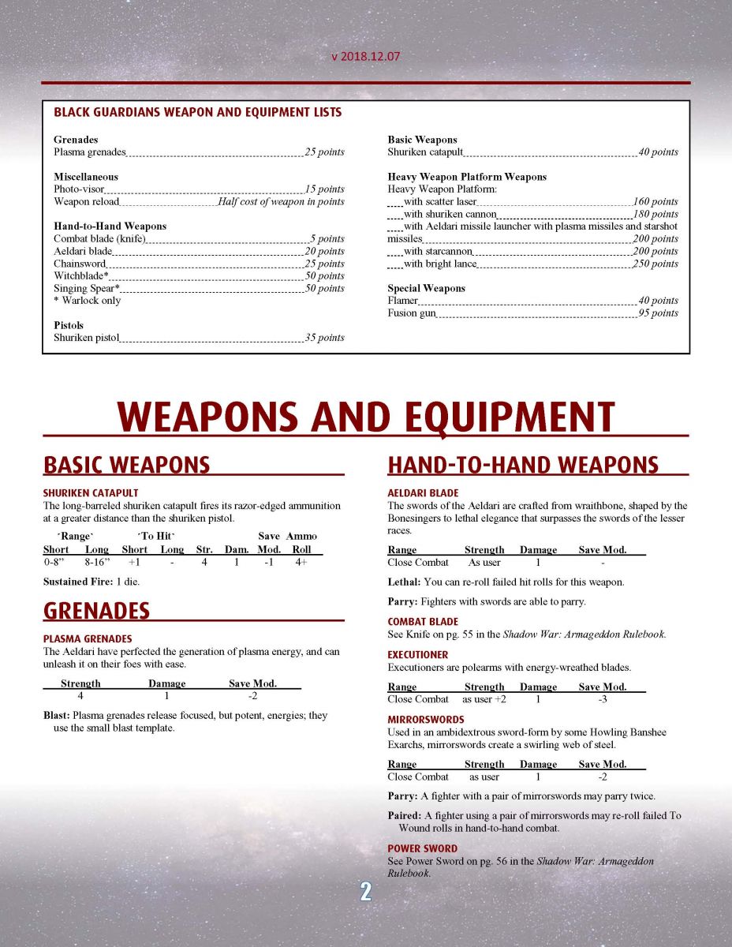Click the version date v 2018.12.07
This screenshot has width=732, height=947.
pyautogui.click(x=365, y=58)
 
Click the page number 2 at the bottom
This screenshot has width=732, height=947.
pyautogui.click(x=365, y=892)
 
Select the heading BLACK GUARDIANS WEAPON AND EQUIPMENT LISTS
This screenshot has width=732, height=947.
pyautogui.click(x=197, y=112)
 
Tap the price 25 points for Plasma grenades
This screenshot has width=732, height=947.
pyautogui.click(x=324, y=152)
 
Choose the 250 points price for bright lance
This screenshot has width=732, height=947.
pyautogui.click(x=655, y=264)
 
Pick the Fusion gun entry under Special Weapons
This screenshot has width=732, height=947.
pyautogui.click(x=411, y=313)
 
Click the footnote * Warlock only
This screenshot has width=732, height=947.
pyautogui.click(x=87, y=301)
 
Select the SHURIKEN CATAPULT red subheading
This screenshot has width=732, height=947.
pyautogui.click(x=91, y=493)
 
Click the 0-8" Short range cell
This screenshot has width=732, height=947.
pyautogui.click(x=56, y=562)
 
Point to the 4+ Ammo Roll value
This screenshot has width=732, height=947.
pyautogui.click(x=301, y=562)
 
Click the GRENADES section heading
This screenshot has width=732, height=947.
pyautogui.click(x=96, y=610)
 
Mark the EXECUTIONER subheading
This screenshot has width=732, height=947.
pyautogui.click(x=417, y=655)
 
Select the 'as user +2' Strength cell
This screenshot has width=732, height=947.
pyautogui.click(x=484, y=699)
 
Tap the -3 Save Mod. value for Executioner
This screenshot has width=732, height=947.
pyautogui.click(x=602, y=699)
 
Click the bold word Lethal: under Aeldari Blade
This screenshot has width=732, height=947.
pyautogui.click(x=403, y=582)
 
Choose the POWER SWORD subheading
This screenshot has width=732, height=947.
pyautogui.click(x=422, y=849)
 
